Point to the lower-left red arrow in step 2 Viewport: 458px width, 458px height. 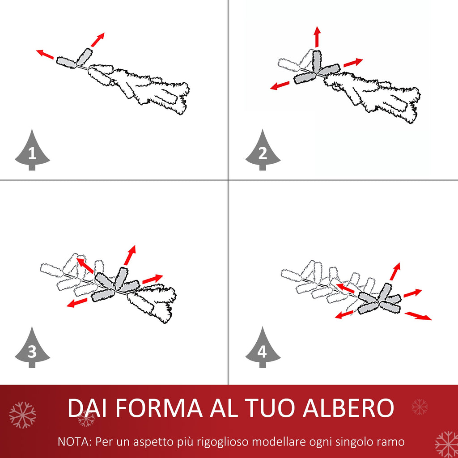click(x=280, y=85)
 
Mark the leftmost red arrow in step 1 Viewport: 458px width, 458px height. click(x=45, y=54)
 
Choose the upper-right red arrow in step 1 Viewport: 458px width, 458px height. click(x=98, y=40)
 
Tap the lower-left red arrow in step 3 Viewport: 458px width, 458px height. click(x=76, y=303)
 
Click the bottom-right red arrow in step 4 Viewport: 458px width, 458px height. click(x=418, y=316)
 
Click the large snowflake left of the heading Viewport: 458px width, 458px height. click(x=22, y=415)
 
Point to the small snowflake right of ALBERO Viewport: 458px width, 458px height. click(x=420, y=407)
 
